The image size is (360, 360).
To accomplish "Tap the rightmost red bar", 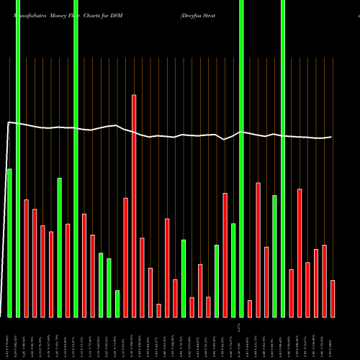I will tap(333, 298).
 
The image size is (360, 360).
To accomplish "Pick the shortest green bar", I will tap(117, 303).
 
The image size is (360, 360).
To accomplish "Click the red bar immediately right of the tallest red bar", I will tap(142, 277).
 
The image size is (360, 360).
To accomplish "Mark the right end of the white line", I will tap(331, 137).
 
